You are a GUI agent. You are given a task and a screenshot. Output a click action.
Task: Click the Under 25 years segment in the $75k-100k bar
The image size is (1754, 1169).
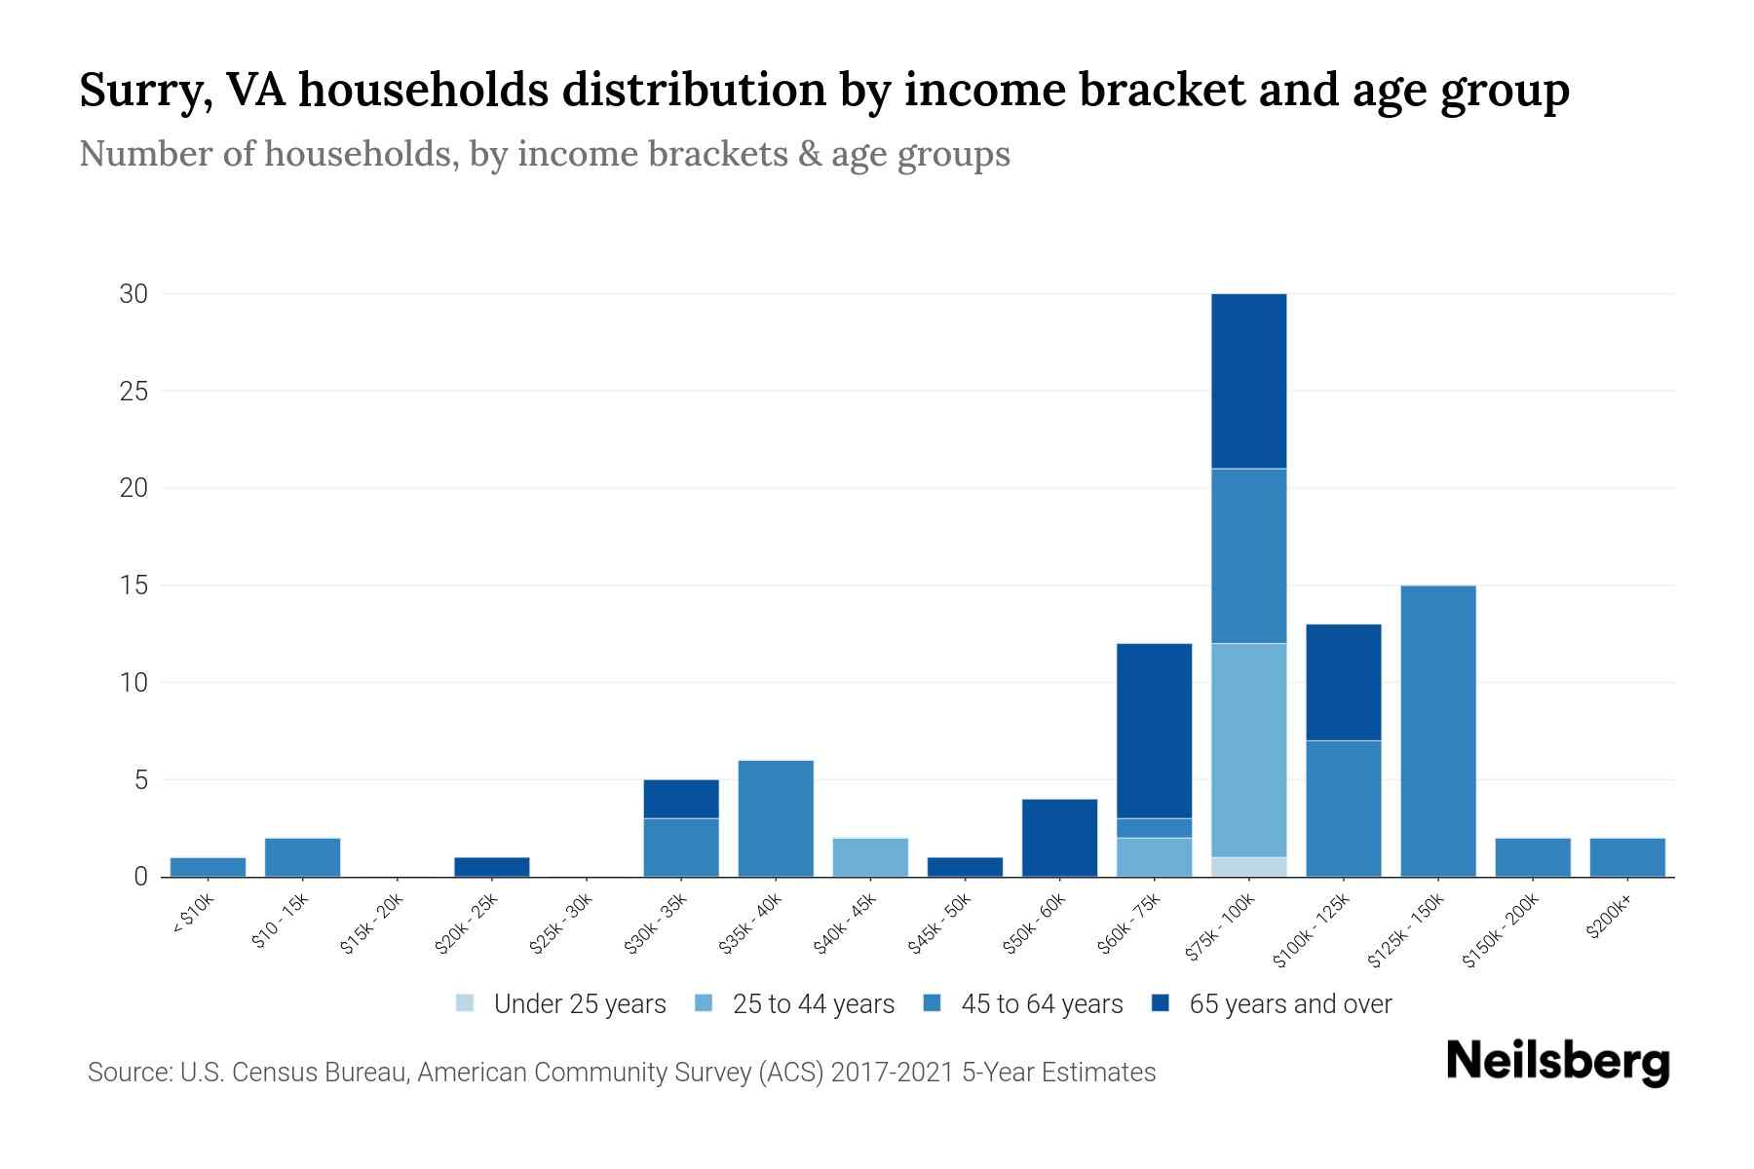coord(1248,866)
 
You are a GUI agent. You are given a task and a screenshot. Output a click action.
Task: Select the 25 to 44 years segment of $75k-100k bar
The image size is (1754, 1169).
coord(1248,750)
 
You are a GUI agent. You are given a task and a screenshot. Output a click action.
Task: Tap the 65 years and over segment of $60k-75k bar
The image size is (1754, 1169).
coord(1154,731)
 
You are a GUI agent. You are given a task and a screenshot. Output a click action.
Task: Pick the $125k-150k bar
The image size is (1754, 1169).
coord(1437,731)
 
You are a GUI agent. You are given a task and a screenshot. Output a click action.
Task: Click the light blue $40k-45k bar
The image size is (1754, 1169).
coord(870,857)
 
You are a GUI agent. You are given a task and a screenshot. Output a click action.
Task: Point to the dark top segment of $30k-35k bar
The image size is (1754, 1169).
coord(681,799)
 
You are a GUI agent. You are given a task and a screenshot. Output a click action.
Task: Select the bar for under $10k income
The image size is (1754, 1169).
coord(208,867)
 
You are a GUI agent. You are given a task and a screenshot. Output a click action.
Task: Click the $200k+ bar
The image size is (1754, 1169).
coord(1626,857)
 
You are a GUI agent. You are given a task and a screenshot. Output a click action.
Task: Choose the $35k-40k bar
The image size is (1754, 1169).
coord(776,818)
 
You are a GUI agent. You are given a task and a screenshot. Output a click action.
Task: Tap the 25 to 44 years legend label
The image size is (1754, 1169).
coord(813,1004)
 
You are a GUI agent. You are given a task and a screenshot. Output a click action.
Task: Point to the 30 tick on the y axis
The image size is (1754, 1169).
coord(133,293)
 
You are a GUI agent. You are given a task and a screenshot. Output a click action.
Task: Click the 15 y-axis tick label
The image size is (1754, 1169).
coord(133,585)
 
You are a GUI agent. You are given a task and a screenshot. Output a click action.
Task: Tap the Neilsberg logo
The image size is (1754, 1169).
coord(1557,1062)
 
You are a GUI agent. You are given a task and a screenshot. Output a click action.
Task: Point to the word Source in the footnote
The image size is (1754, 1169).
coord(127,1073)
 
